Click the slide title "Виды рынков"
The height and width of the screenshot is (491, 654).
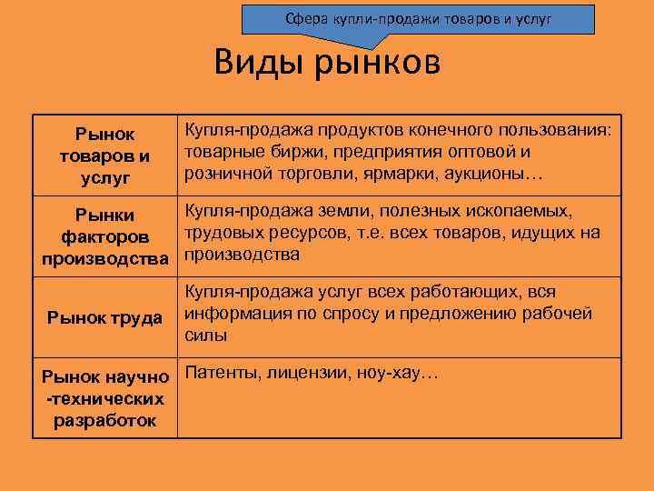(327, 65)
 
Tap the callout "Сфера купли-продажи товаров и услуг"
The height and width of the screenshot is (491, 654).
(419, 18)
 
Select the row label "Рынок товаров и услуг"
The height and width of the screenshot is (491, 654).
(104, 155)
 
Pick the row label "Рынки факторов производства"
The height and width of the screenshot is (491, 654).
(105, 237)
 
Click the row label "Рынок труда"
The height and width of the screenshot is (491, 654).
(105, 317)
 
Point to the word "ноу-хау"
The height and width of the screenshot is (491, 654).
(395, 373)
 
